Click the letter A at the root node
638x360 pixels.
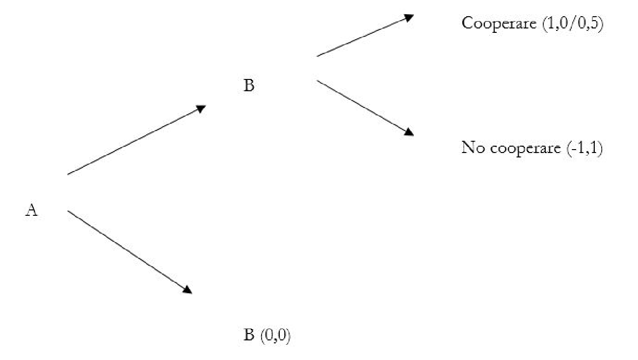(31, 210)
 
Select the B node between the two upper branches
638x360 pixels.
(249, 86)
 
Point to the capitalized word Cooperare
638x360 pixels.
(499, 24)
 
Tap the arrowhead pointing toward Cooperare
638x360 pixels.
(408, 17)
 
